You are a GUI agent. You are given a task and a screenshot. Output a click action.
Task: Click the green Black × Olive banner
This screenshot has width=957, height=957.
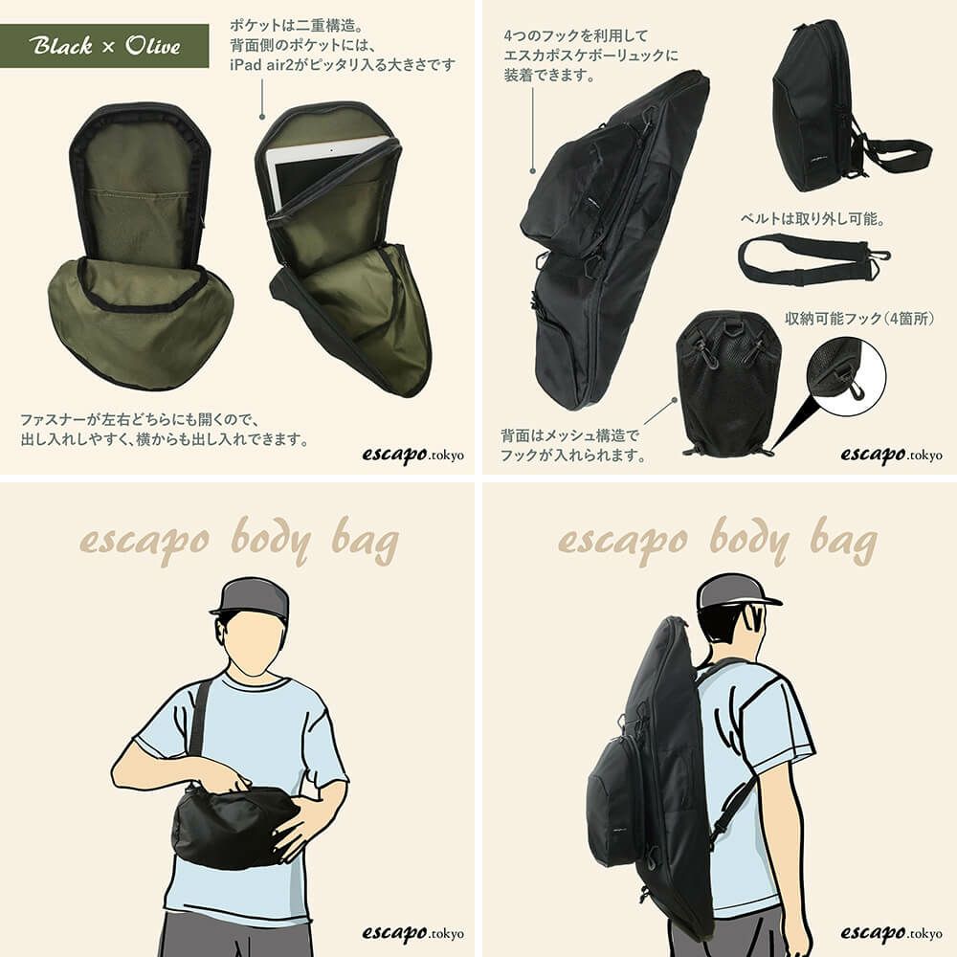click(x=104, y=46)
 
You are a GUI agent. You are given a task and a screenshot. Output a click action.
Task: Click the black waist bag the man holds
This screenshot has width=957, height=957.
click(x=235, y=825)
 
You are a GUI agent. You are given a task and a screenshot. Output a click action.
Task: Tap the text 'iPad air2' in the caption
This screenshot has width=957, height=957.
click(x=261, y=65)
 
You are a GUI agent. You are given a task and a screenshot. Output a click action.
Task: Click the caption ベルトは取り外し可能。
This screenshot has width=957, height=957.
click(x=812, y=218)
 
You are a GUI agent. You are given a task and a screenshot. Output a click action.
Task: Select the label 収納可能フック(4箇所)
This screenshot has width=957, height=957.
click(x=858, y=318)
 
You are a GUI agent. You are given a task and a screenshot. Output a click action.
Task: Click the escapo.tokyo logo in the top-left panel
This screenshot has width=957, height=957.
click(x=412, y=455)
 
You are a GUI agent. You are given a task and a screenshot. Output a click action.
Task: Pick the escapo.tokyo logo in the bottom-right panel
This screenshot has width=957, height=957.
click(x=891, y=933)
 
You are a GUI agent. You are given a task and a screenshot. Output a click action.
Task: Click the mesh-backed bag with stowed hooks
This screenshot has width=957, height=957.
click(x=728, y=383)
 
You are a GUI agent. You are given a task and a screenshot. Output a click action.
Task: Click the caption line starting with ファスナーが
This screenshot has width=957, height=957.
click(x=141, y=420)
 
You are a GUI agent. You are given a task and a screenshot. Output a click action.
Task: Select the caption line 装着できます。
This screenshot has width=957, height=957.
click(x=549, y=75)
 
